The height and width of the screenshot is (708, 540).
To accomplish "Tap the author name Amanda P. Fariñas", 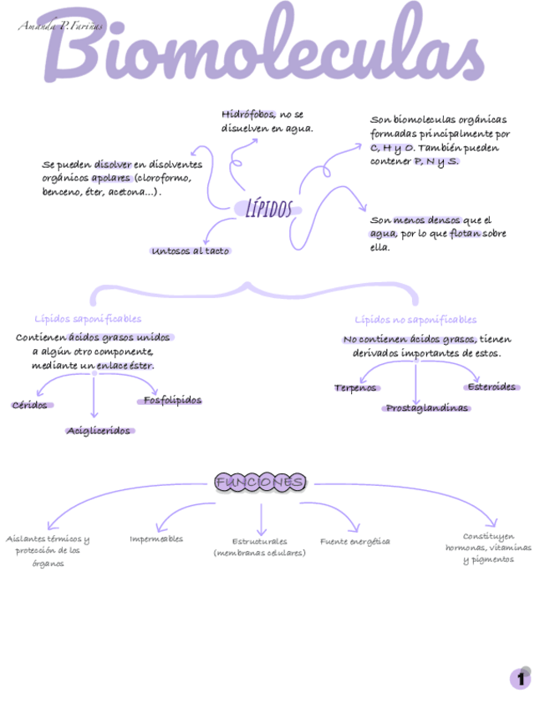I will pyautogui.click(x=60, y=27).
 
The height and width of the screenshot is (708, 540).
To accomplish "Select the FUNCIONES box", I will pyautogui.click(x=260, y=483).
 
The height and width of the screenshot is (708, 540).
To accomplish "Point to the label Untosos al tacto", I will pyautogui.click(x=191, y=250).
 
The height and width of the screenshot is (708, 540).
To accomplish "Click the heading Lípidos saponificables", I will pyautogui.click(x=88, y=318).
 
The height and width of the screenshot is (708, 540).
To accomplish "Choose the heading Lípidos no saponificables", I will pyautogui.click(x=415, y=319).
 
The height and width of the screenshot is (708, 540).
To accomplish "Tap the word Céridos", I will pyautogui.click(x=30, y=405).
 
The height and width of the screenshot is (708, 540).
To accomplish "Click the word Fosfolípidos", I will pyautogui.click(x=172, y=400).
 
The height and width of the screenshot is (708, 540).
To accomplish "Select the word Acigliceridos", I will pyautogui.click(x=99, y=430).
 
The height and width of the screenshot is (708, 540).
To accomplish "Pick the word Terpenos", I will pyautogui.click(x=356, y=387).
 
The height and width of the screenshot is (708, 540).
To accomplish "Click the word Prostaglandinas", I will pyautogui.click(x=427, y=407).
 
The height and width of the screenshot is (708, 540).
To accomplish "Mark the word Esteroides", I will pyautogui.click(x=492, y=387).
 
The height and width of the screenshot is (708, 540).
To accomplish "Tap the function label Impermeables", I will pyautogui.click(x=156, y=539).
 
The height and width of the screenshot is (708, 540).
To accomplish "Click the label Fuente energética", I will pyautogui.click(x=354, y=541).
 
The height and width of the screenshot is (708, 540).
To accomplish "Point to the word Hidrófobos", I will pyautogui.click(x=248, y=114).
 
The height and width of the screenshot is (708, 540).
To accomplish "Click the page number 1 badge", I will pyautogui.click(x=520, y=679).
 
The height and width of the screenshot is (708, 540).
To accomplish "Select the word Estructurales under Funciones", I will pyautogui.click(x=259, y=541).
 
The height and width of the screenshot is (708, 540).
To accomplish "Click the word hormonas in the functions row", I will pyautogui.click(x=466, y=548).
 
